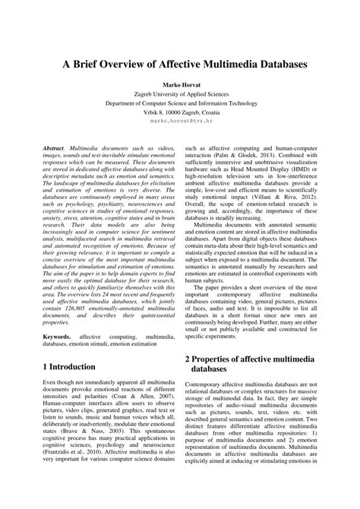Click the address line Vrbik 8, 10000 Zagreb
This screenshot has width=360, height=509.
point(180,121)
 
